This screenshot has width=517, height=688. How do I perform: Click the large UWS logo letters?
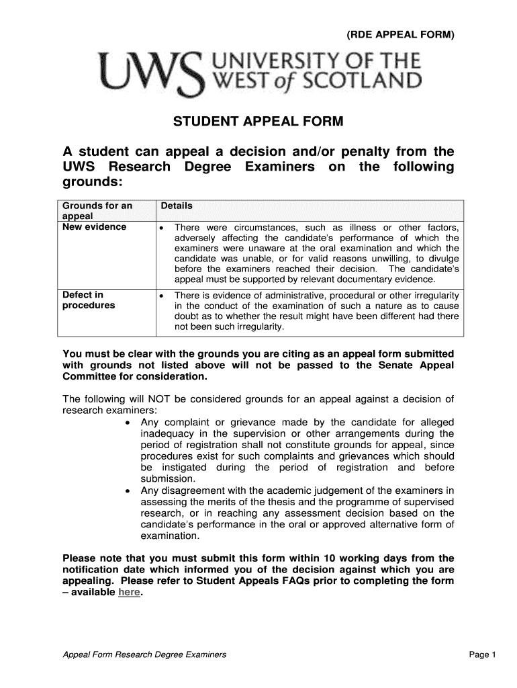click(x=149, y=74)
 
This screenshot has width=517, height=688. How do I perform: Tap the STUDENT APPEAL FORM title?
click(x=258, y=122)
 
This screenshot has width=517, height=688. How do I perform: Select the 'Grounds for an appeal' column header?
click(x=97, y=211)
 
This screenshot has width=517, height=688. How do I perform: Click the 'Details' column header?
click(x=177, y=206)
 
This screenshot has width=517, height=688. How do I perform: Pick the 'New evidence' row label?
click(x=94, y=227)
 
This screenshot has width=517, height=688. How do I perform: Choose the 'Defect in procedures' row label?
click(x=89, y=300)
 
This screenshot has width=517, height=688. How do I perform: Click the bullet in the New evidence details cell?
click(x=162, y=228)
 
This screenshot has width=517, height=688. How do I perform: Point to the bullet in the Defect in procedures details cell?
click(x=162, y=296)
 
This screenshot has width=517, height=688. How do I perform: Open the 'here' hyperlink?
click(x=129, y=593)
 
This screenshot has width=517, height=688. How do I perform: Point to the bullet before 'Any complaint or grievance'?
click(x=129, y=423)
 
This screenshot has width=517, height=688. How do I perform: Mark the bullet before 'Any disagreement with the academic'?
click(x=129, y=491)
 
